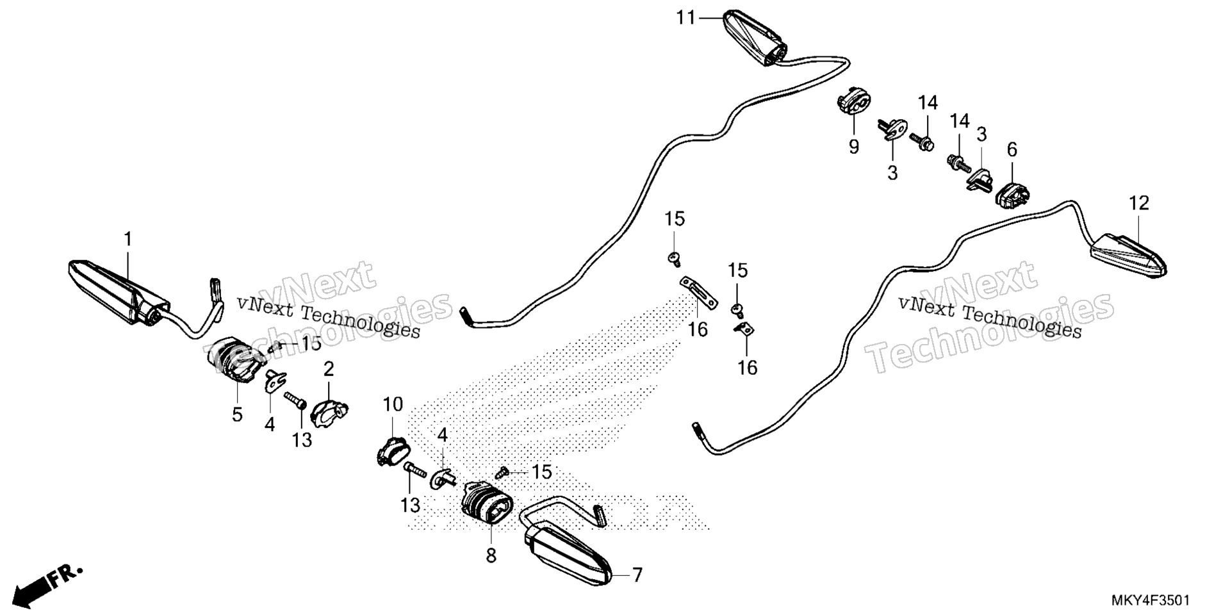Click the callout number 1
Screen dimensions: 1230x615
128,240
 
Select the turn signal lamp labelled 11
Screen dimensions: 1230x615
755,37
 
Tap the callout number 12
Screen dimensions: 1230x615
1139,204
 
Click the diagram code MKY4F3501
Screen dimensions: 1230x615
1151,601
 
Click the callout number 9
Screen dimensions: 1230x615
854,147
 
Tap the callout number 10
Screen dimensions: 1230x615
393,404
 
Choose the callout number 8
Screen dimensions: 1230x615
491,556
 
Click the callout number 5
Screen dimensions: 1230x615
237,414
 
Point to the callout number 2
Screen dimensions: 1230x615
329,369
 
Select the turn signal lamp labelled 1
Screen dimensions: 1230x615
119,292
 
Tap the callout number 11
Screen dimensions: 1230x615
686,18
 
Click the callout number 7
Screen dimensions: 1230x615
637,575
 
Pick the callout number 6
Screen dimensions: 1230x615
1012,151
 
